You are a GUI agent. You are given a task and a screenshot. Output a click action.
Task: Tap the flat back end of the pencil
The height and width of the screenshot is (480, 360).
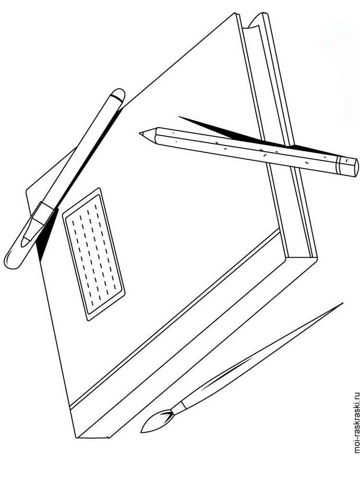(x=355, y=167)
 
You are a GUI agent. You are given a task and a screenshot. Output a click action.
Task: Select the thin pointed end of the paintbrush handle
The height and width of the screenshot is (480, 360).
(x=342, y=303)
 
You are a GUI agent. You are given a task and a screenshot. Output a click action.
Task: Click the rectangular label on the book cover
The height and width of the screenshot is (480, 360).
(x=94, y=254)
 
